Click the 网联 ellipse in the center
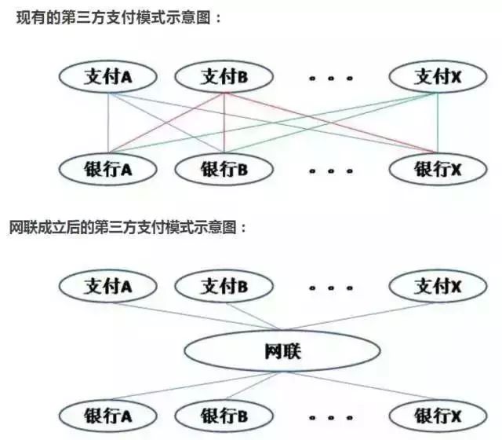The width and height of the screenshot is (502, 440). point(282,351)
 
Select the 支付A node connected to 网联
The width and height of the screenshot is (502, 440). point(108,286)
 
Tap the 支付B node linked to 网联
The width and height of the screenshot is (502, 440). point(224,286)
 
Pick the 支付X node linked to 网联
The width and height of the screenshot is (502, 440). point(438,286)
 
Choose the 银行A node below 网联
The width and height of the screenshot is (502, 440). point(108,416)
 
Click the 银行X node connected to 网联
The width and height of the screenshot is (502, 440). point(438,416)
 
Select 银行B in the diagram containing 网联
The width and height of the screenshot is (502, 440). point(224,416)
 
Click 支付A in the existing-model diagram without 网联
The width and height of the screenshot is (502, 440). point(108,77)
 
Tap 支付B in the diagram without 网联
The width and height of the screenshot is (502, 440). point(224,77)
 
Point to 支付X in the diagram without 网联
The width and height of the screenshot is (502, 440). point(438,77)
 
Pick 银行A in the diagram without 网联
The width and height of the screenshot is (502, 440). point(108,169)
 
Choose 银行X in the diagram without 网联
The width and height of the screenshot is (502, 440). point(438,169)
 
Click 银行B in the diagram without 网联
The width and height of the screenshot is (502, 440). point(224,169)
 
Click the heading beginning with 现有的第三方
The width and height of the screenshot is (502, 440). point(118,17)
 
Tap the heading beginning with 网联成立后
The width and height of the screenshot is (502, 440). point(127,227)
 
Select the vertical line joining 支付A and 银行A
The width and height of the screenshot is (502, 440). point(108,123)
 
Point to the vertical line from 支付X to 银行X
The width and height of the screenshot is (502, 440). point(438,123)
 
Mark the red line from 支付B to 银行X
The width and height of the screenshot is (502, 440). point(331,123)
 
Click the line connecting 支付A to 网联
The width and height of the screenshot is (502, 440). point(196,316)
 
